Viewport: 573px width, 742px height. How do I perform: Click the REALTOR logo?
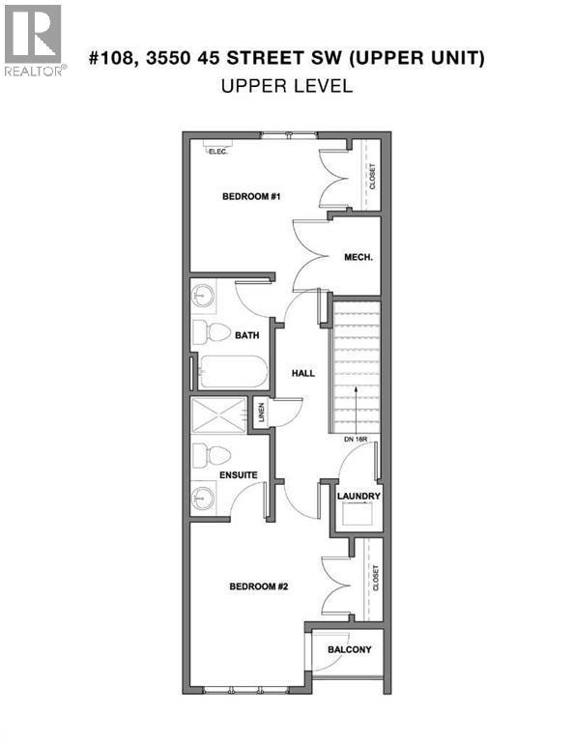point(35,41)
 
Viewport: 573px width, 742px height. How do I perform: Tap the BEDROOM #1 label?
point(251,196)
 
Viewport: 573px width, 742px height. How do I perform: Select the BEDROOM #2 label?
point(258,586)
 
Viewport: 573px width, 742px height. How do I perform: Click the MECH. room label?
point(358,257)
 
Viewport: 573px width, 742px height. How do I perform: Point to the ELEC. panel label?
point(218,152)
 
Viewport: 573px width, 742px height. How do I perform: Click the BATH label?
point(247,335)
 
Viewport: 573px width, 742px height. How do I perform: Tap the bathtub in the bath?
point(233,372)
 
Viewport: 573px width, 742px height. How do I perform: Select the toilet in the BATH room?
point(212,332)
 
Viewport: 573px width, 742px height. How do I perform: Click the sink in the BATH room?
point(204,297)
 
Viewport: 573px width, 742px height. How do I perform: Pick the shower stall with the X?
point(218,415)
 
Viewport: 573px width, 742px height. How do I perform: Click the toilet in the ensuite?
point(212,456)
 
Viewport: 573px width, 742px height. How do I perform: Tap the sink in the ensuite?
point(204,498)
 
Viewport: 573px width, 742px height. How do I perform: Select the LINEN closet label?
point(261,413)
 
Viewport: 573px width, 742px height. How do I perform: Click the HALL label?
point(302,373)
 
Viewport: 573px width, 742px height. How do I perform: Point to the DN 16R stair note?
point(356,440)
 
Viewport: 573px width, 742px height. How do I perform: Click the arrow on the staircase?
point(355,409)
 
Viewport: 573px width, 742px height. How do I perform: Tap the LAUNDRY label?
point(358,496)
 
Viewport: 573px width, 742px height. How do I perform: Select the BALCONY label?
point(349,649)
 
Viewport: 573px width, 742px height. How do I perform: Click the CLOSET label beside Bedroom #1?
point(372,177)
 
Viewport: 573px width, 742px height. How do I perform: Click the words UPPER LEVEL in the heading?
point(287,86)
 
